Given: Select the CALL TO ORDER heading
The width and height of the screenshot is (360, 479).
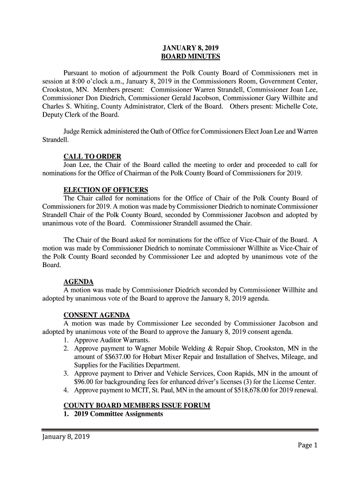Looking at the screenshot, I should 92,156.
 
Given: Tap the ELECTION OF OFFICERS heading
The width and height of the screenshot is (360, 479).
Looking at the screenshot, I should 106,189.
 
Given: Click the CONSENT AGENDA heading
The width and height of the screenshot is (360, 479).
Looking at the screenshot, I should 96,314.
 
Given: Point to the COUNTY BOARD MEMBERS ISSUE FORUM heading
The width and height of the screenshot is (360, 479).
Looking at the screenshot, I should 137,405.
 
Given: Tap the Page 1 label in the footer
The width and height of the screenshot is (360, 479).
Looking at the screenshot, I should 307,445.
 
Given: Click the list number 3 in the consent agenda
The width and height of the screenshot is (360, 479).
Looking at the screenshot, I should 66,373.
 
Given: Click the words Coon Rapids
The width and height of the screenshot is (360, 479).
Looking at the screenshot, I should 219,373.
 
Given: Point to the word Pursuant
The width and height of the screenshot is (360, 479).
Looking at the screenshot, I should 78,73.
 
